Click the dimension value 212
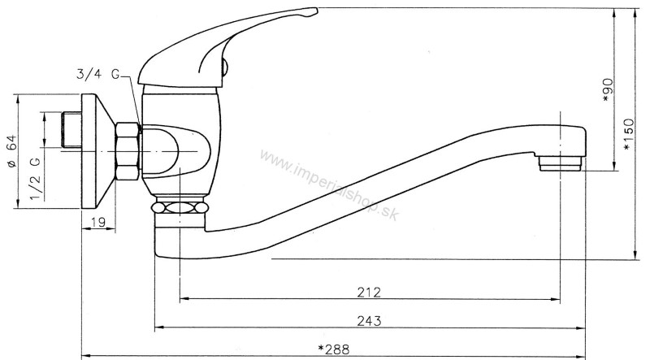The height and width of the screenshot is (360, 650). point(369,291)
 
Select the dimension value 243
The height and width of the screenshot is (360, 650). point(369,320)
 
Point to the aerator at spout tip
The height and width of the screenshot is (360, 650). point(561,164)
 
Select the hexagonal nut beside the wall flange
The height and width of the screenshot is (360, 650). point(128,151)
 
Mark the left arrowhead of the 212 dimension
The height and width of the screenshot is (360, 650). point(184,300)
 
